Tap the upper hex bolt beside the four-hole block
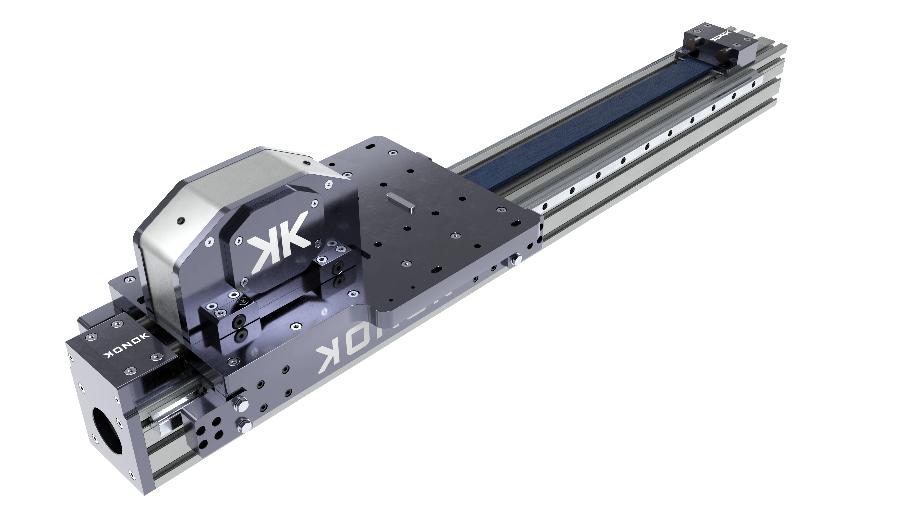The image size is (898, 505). tap(241, 404)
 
